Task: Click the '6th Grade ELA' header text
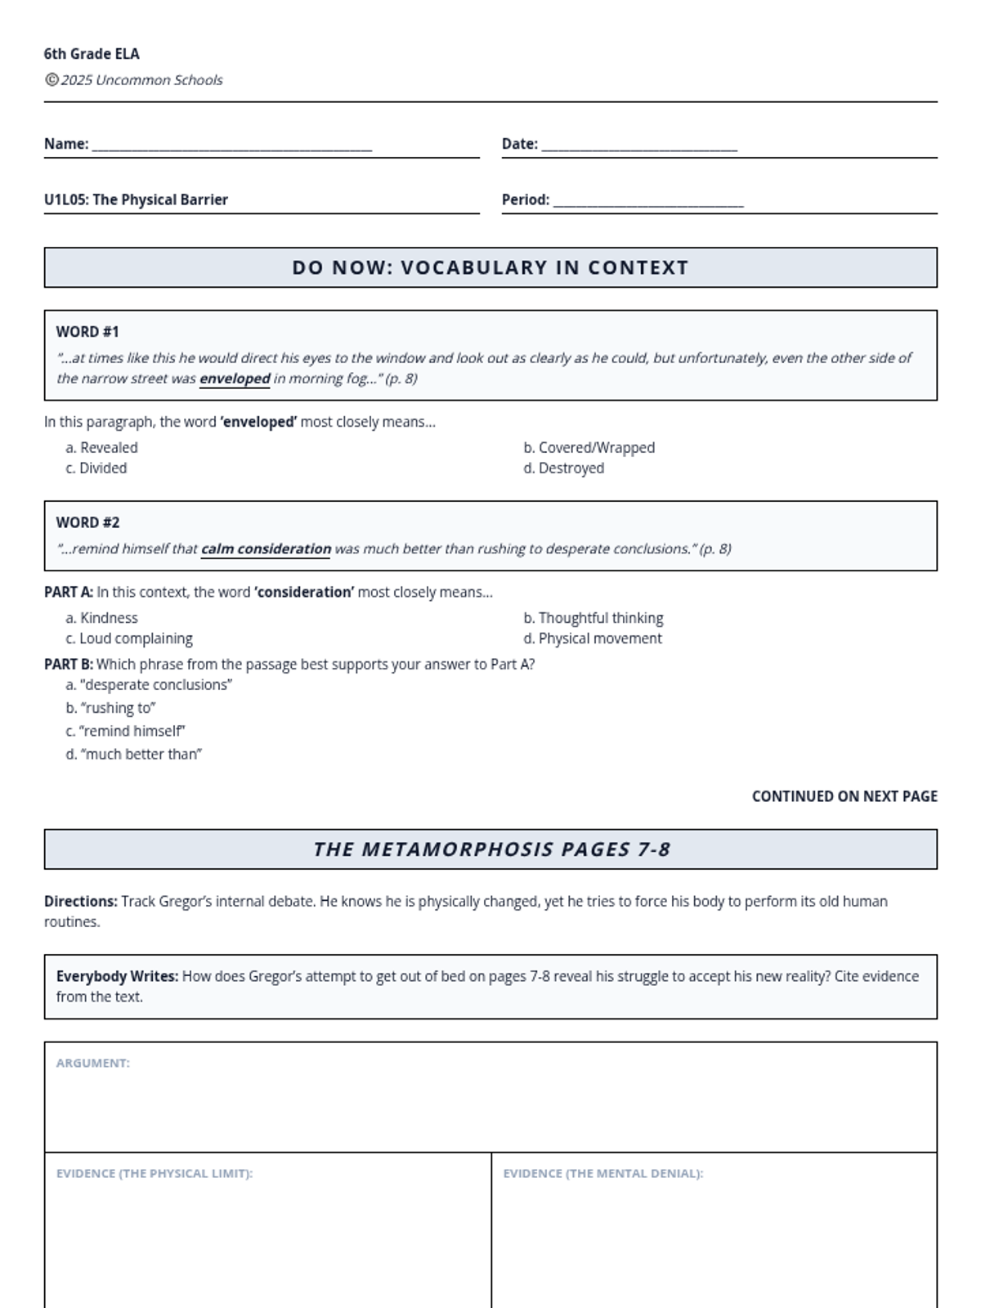(x=92, y=54)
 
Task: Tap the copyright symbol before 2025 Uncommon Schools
(x=52, y=79)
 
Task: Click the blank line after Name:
(x=232, y=147)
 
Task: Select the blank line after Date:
(x=639, y=147)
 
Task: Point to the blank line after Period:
(x=648, y=203)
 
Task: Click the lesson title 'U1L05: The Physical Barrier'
(x=136, y=199)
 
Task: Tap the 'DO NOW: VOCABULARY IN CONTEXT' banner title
(x=490, y=267)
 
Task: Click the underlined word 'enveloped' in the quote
(x=235, y=379)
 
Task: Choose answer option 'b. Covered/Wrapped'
(x=589, y=447)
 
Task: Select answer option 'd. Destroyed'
(x=564, y=468)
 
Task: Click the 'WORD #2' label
(x=87, y=522)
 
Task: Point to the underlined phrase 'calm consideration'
(x=266, y=549)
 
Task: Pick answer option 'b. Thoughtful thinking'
(x=594, y=618)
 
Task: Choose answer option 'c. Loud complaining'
(x=129, y=638)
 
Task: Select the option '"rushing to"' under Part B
(x=111, y=708)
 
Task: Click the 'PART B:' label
(x=69, y=664)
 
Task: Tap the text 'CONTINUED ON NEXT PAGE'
(x=844, y=796)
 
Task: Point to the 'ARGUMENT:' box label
(x=93, y=1063)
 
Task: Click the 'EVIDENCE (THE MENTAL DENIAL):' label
(x=602, y=1173)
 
